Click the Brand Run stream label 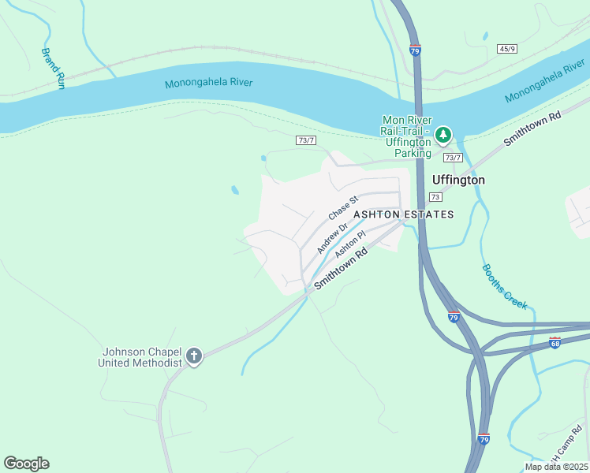coord(53,69)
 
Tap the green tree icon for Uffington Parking coord(443,135)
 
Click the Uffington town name coord(458,180)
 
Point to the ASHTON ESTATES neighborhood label coord(403,214)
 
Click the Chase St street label coord(343,208)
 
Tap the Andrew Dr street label coord(332,237)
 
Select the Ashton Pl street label coord(350,244)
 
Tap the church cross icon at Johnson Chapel coord(194,357)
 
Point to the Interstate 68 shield coord(555,344)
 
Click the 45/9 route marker coord(507,49)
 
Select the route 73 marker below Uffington coord(435,196)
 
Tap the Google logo coord(26,464)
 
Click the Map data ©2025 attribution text coord(556,467)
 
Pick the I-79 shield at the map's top coord(416,49)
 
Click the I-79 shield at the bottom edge coord(484,438)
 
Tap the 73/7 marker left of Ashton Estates coord(306,140)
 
